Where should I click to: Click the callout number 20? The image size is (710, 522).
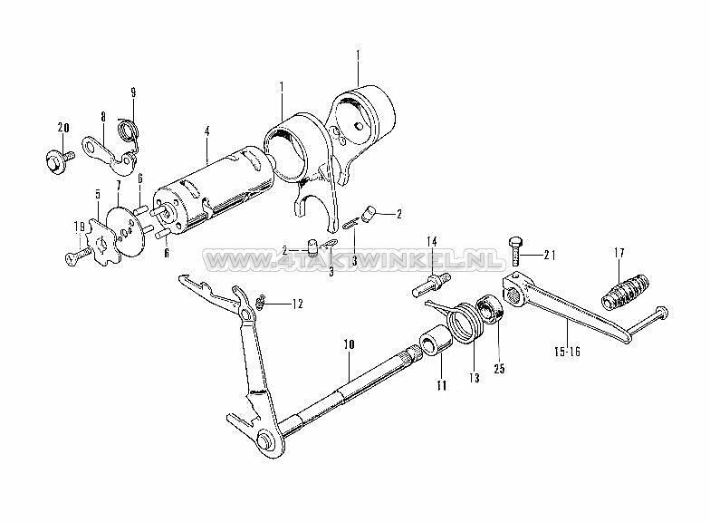point(62,126)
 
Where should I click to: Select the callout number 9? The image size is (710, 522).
point(134,92)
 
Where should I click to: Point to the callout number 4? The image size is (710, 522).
point(206,131)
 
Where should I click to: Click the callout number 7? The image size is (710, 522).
point(118,186)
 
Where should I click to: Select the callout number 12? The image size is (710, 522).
point(298,304)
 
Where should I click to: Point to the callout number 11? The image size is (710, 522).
point(442,385)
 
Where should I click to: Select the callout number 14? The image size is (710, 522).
point(432,241)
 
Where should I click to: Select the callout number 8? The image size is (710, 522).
point(103,117)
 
